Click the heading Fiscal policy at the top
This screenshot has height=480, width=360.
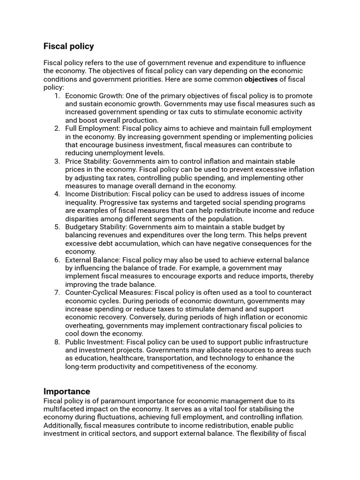click(x=68, y=46)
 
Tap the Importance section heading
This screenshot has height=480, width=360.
click(x=67, y=391)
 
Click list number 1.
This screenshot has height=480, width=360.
click(x=57, y=96)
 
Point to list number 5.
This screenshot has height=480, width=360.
click(x=57, y=227)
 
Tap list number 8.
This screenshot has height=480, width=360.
click(x=57, y=342)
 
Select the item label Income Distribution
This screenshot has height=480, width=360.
click(x=97, y=194)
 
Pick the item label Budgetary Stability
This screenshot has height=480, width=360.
click(x=95, y=227)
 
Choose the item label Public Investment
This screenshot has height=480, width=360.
click(x=94, y=342)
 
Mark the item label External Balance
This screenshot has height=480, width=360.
click(x=92, y=260)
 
